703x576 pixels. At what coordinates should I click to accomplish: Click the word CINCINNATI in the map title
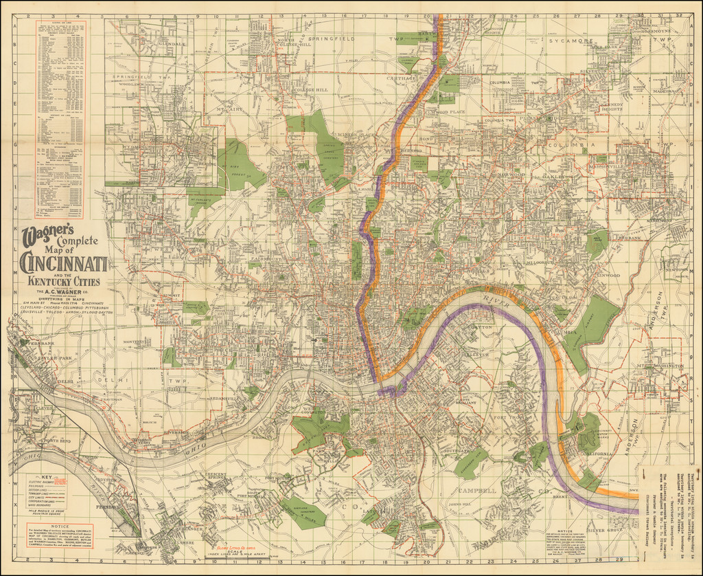pos(63,263)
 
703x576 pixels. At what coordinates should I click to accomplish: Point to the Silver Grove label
pos(603,530)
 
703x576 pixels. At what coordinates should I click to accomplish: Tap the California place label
pos(597,454)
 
